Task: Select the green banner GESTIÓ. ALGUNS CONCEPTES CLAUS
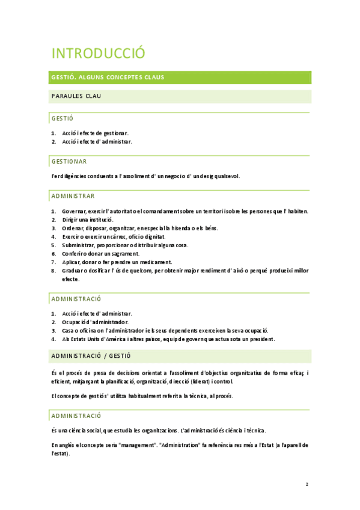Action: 108,78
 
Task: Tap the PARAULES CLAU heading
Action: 76,96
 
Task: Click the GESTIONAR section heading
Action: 69,162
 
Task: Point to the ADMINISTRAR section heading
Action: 73,196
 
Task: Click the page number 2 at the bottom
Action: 307,484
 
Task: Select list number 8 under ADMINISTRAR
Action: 53,271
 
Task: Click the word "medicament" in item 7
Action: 156,262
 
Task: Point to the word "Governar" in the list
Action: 73,211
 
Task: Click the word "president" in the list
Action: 259,339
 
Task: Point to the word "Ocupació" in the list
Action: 74,322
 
